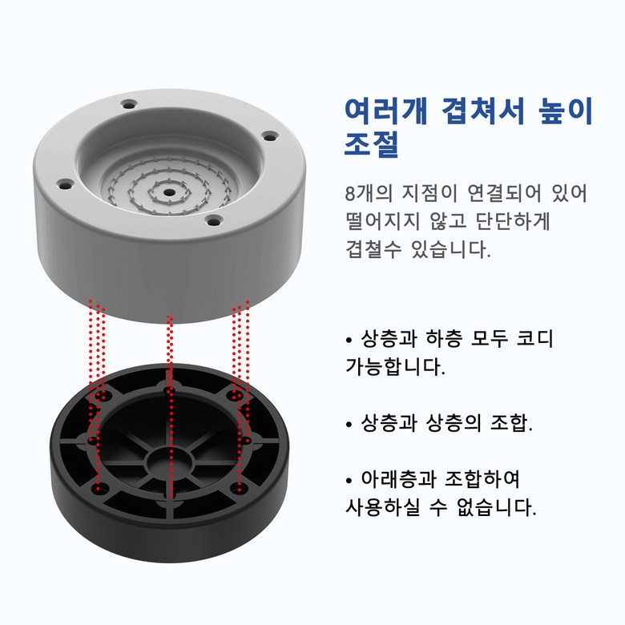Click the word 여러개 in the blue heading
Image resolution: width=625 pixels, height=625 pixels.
pos(386,111)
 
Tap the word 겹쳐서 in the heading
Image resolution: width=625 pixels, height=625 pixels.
pos(483,111)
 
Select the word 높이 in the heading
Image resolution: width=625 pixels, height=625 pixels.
pos(566,111)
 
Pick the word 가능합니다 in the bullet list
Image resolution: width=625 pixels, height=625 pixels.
pos(395,367)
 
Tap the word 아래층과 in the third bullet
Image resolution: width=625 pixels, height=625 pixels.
pos(397,479)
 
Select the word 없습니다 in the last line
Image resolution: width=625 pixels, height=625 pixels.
pos(497,507)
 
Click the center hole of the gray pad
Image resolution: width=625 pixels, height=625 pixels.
pos(169,192)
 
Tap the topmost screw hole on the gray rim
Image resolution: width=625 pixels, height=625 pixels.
pos(129,105)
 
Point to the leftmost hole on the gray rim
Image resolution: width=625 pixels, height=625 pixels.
pos(65,185)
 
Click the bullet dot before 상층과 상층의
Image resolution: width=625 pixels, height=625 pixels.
pos(349,424)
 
